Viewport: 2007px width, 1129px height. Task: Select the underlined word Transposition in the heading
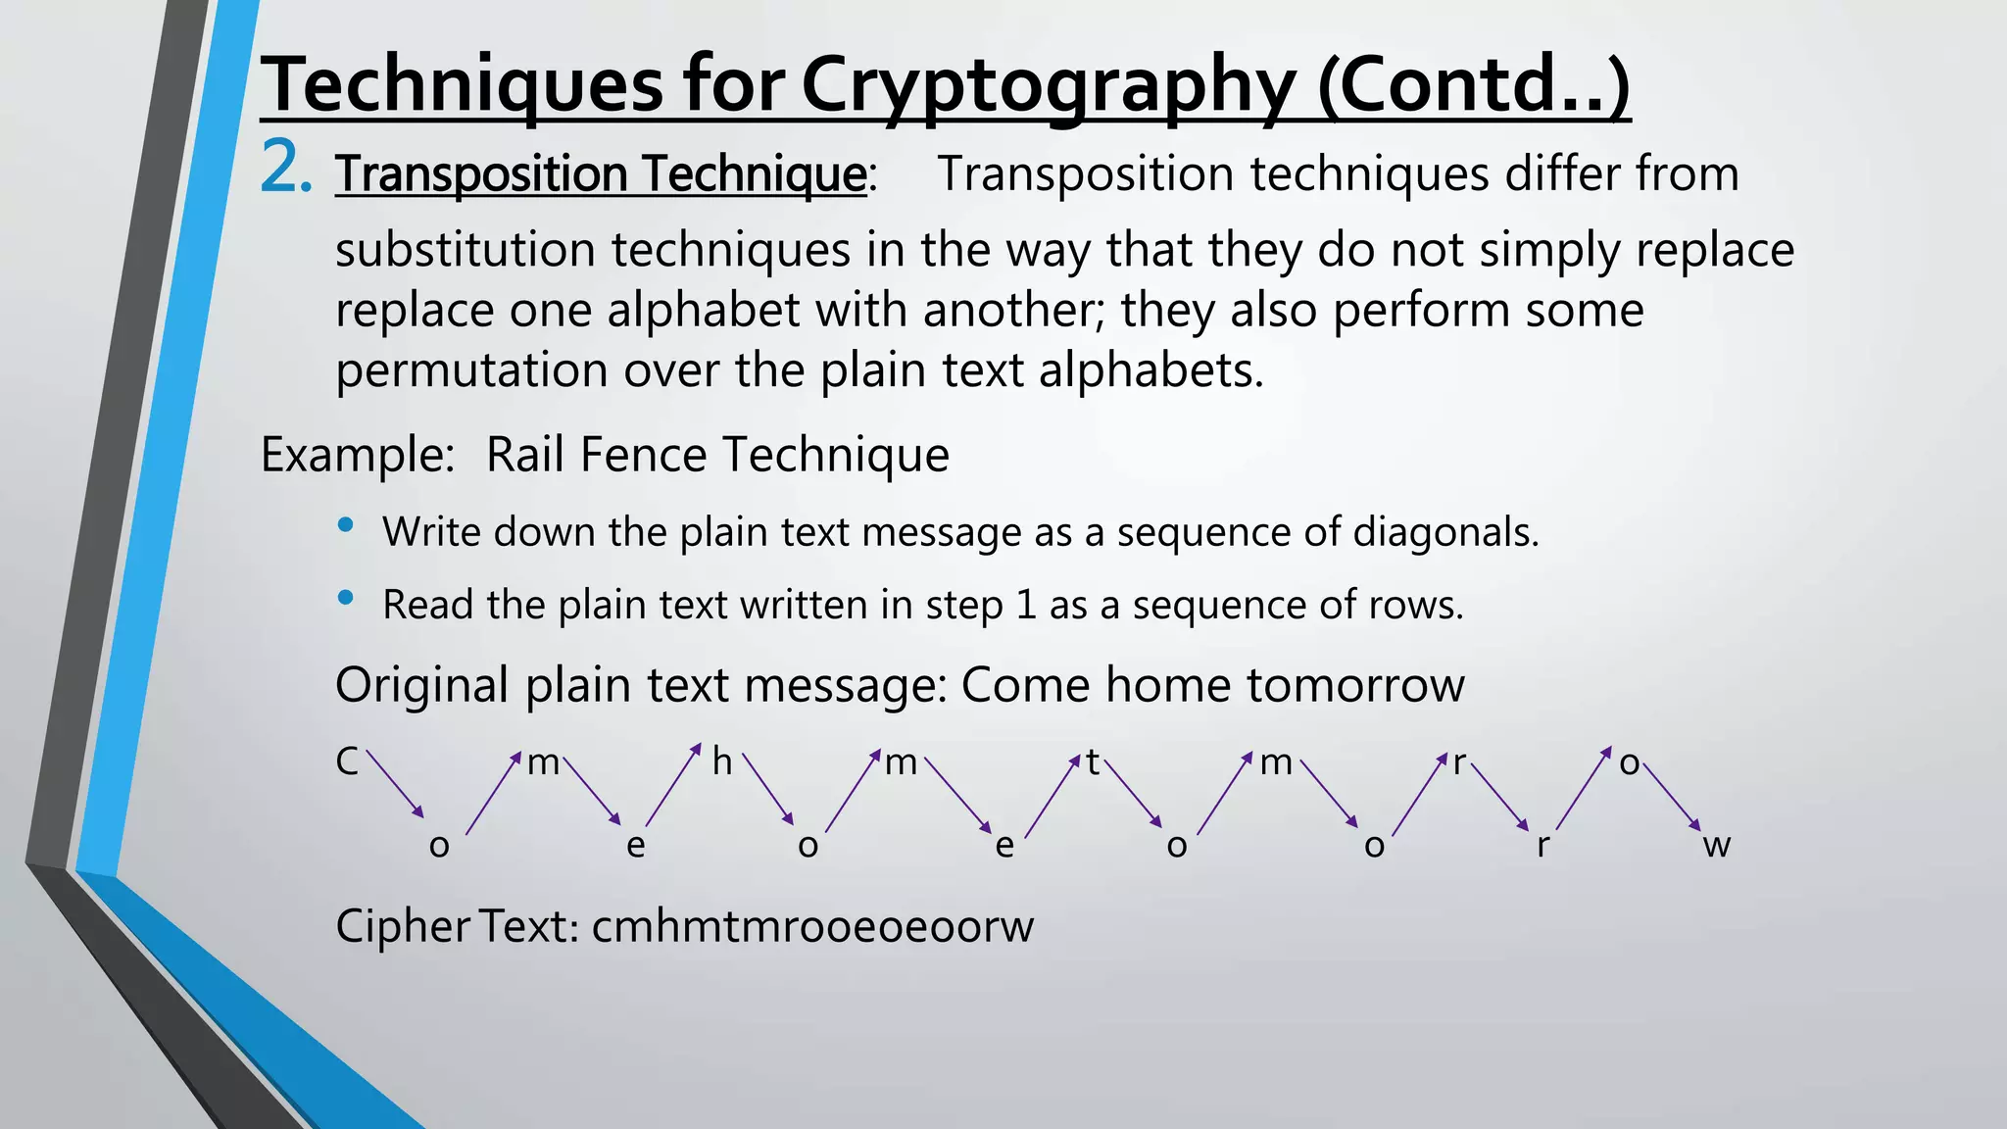click(x=480, y=174)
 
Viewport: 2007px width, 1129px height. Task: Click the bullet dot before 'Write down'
click(x=345, y=526)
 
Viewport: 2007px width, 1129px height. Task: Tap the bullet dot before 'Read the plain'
click(x=345, y=598)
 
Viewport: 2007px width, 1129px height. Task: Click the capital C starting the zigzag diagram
click(x=347, y=762)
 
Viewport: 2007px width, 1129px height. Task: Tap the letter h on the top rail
click(x=722, y=762)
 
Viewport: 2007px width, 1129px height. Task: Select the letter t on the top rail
click(x=1093, y=762)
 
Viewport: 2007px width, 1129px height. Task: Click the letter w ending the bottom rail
click(x=1716, y=845)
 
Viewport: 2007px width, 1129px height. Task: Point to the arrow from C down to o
click(x=395, y=784)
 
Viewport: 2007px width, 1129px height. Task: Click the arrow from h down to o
click(x=768, y=789)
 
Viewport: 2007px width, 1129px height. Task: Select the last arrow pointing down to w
click(x=1672, y=797)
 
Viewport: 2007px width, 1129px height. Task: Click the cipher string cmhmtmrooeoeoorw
click(x=812, y=926)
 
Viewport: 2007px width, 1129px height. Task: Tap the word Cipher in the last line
click(x=403, y=926)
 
